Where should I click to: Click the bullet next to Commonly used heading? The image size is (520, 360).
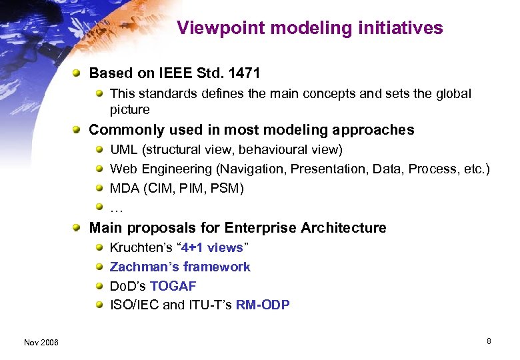tap(78, 130)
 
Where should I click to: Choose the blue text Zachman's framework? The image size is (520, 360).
tap(180, 267)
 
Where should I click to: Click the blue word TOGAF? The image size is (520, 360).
tap(173, 287)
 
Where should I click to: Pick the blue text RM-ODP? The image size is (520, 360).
tap(263, 306)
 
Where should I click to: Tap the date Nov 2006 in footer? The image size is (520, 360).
tap(41, 343)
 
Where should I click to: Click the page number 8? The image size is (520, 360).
tap(489, 341)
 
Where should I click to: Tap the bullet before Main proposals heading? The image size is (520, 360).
tap(78, 228)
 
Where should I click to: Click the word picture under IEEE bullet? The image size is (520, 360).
tap(129, 109)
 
